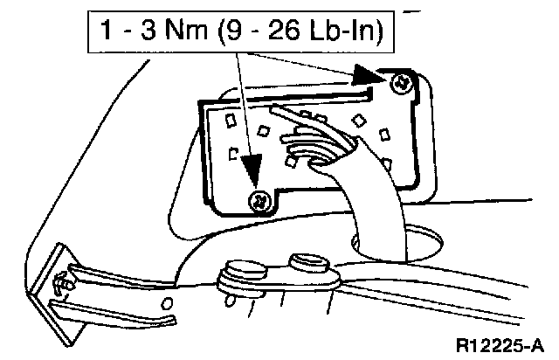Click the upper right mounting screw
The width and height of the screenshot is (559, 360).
[402, 84]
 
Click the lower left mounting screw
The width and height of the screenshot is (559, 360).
[259, 202]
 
